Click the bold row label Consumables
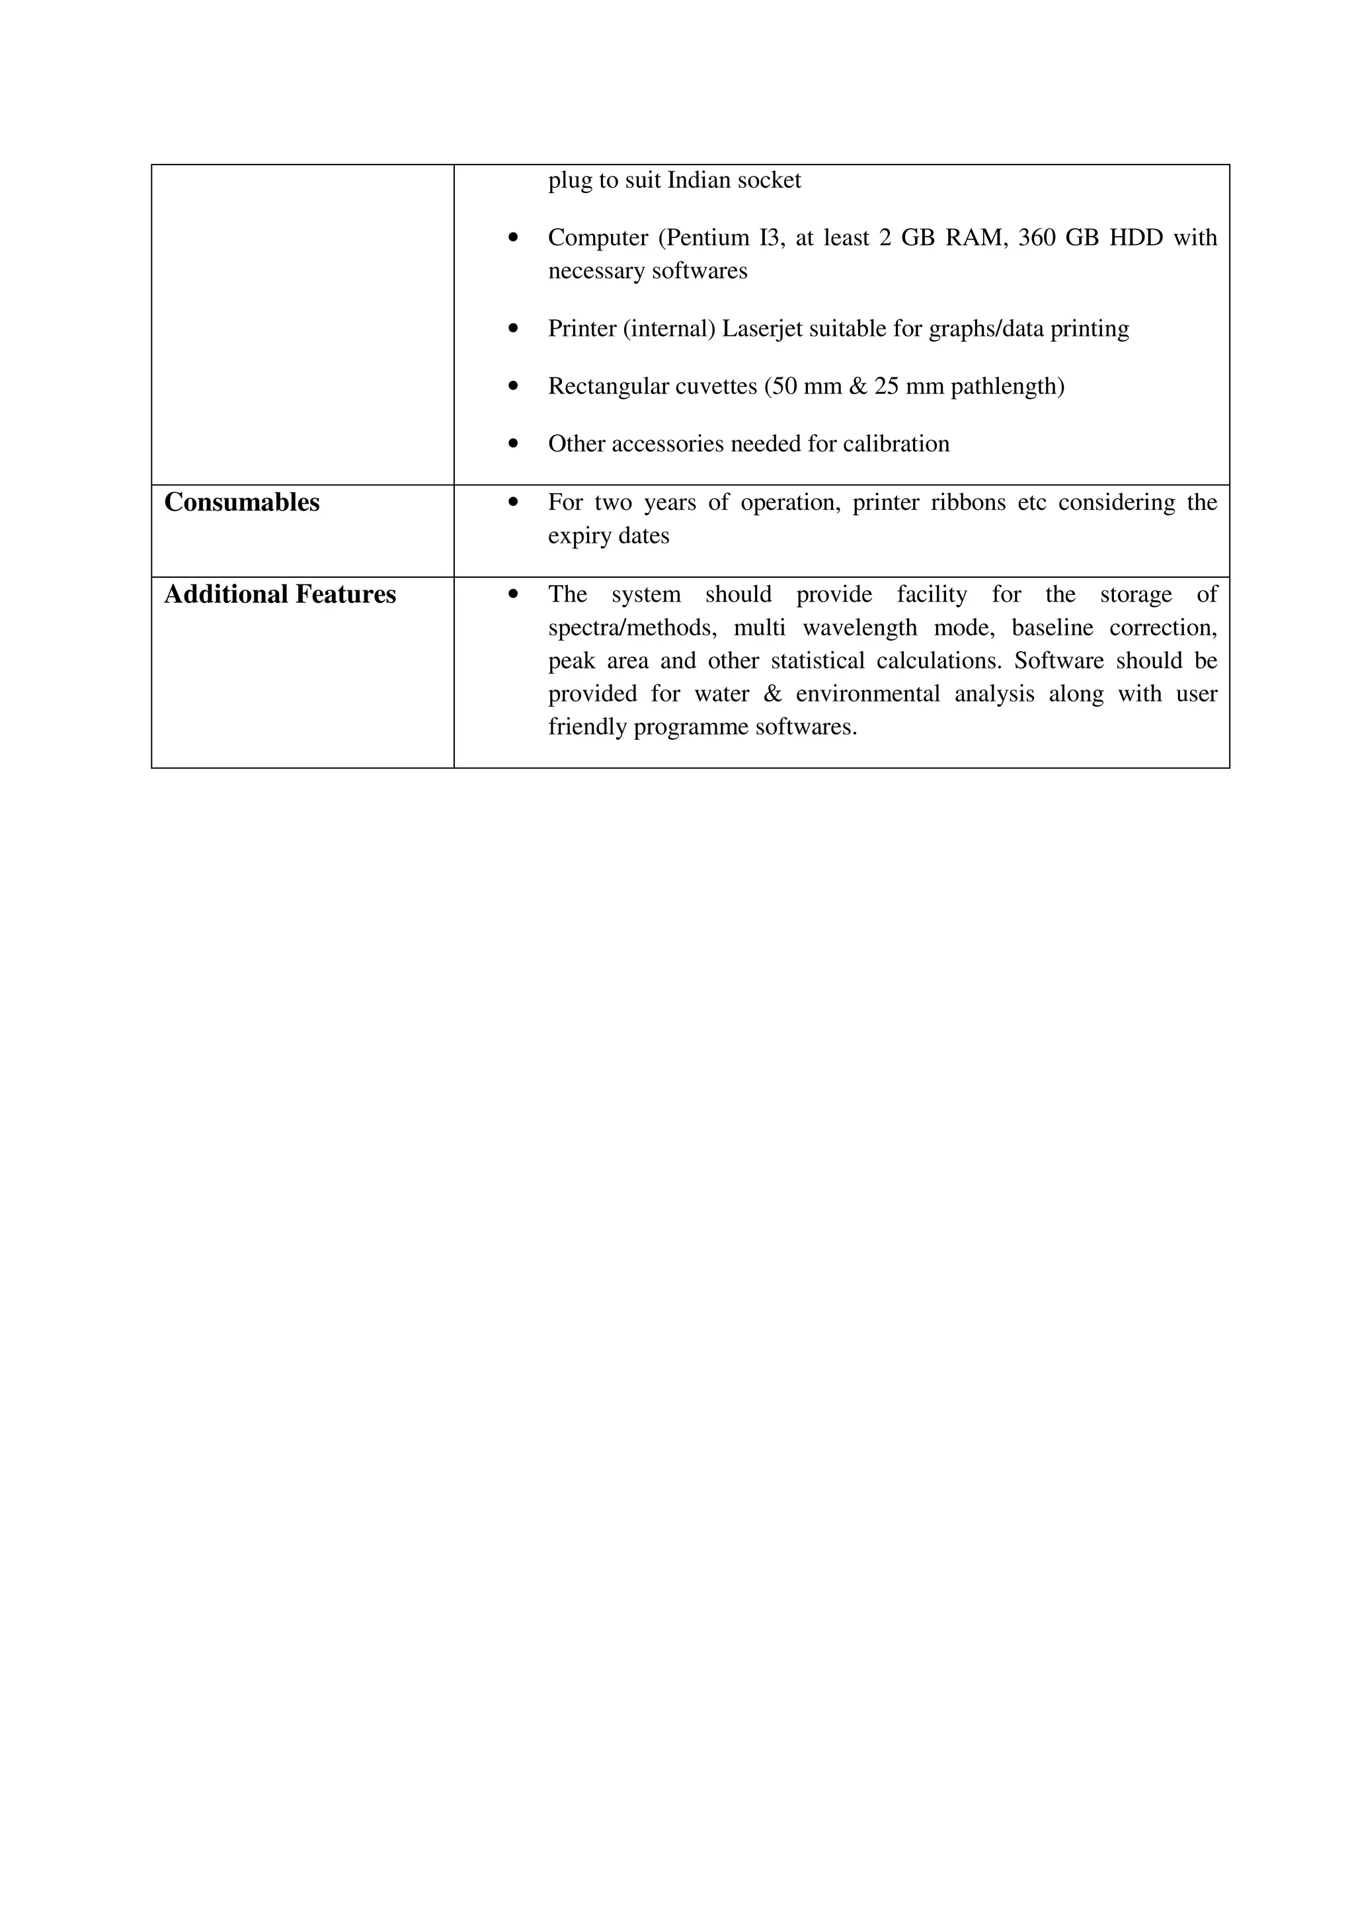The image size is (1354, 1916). coord(242,502)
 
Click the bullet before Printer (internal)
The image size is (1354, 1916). coord(513,329)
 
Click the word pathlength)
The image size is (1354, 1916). coord(1007,386)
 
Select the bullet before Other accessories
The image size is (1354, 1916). coord(513,444)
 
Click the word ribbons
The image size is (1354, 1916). coord(972,502)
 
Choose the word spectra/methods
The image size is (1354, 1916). coord(631,627)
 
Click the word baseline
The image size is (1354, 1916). coord(1052,627)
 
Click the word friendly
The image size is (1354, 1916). coord(587,727)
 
